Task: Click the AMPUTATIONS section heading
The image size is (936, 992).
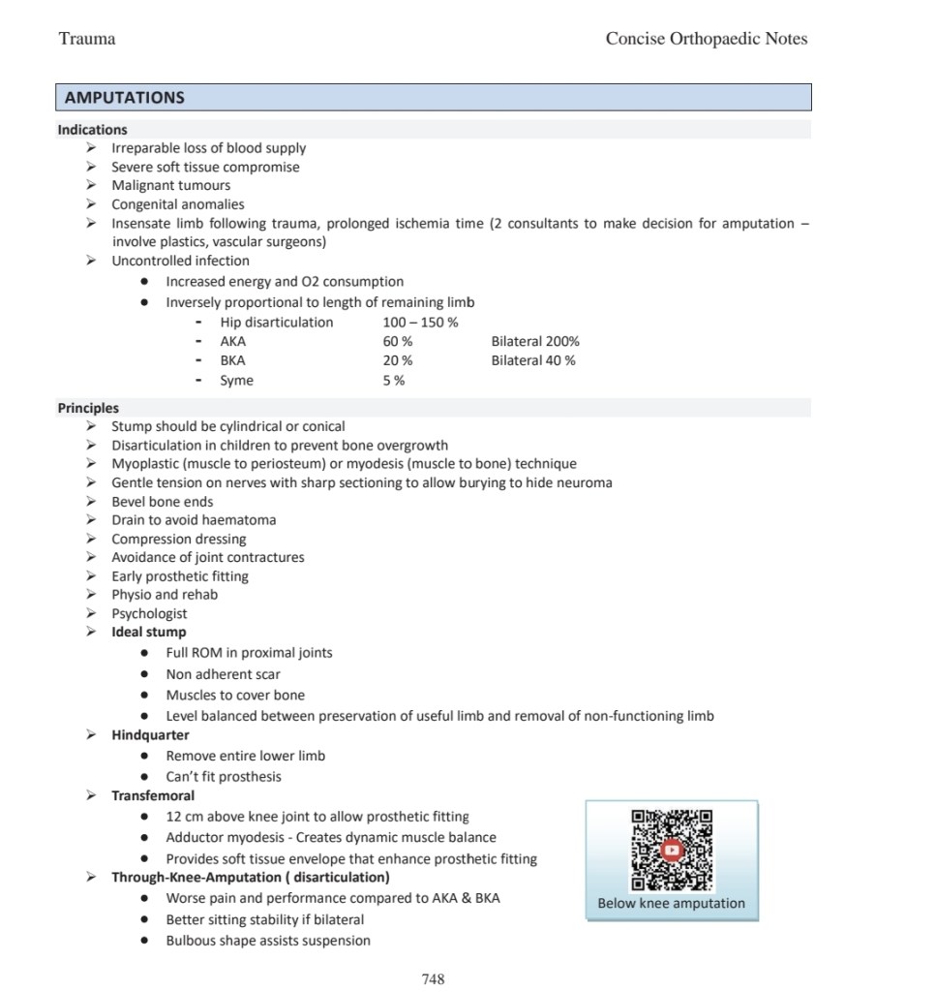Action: coord(124,98)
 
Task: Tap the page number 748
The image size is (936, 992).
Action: coord(434,979)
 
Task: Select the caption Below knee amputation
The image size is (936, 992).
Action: coord(672,904)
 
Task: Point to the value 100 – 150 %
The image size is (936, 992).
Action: coord(420,322)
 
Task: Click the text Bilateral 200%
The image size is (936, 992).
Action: coord(535,341)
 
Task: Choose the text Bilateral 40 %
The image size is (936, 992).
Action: coord(533,360)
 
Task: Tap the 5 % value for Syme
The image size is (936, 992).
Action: coord(394,381)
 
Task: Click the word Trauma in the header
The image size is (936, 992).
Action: coord(87,39)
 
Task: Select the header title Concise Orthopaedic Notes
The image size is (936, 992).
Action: coord(707,39)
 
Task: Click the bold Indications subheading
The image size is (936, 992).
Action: coord(92,129)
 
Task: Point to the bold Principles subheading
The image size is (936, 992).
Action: coord(88,408)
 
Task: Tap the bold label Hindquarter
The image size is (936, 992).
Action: coord(150,735)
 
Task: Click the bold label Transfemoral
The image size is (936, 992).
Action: coord(153,795)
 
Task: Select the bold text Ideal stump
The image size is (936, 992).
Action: coord(149,632)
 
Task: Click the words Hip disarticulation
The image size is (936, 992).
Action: coord(276,322)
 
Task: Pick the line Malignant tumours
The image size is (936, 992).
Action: coord(170,185)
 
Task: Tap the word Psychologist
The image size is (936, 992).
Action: coord(149,613)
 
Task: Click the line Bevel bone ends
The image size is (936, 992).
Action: coord(163,501)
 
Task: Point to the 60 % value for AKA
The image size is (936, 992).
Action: coord(398,341)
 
